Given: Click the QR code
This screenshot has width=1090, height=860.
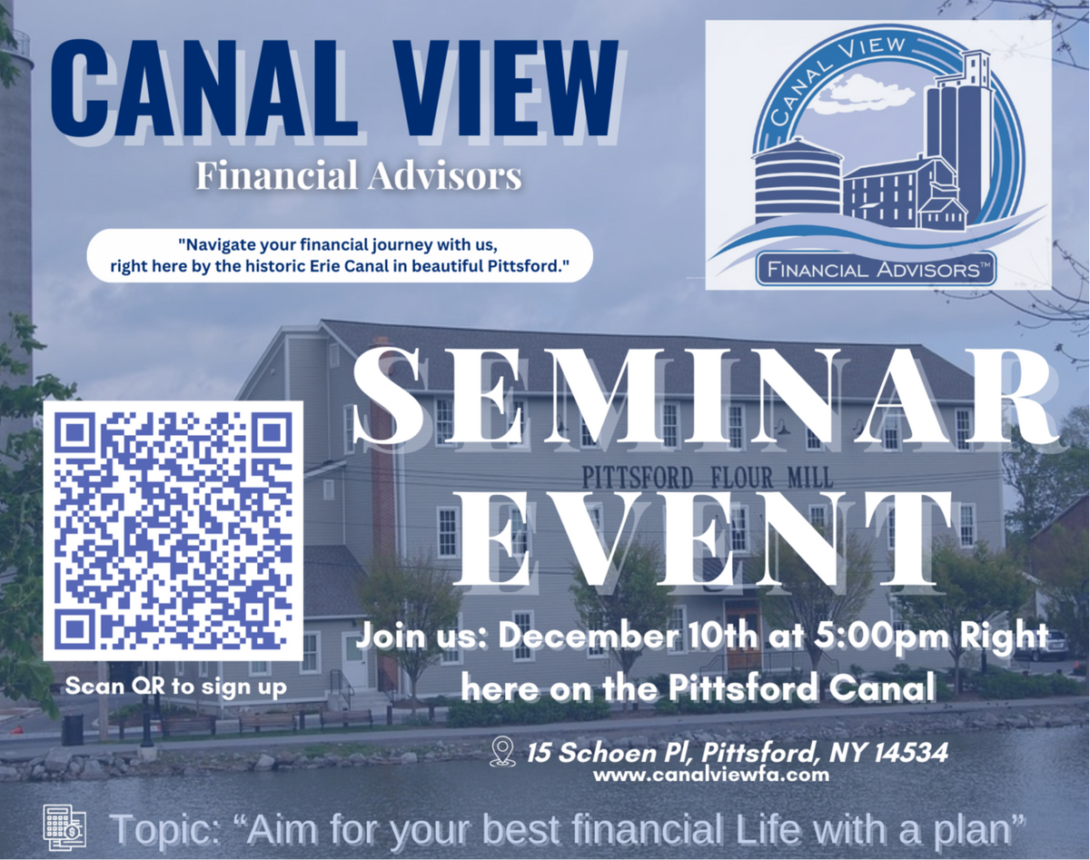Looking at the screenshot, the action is [x=173, y=530].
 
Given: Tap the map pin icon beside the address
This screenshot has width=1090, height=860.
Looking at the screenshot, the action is [x=503, y=753].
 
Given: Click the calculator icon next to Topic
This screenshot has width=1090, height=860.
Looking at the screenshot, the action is [x=64, y=827].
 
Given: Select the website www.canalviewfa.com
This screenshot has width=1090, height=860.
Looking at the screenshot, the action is [x=711, y=775].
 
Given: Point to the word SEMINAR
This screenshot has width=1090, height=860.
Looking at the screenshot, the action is [x=704, y=397].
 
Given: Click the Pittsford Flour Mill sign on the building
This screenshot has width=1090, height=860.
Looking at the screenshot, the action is [x=707, y=478].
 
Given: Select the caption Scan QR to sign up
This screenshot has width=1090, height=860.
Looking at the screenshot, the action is [x=175, y=687].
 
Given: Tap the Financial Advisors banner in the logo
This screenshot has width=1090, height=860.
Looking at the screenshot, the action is [x=876, y=270].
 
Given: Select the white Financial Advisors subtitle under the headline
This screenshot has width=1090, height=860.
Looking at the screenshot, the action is [x=359, y=176].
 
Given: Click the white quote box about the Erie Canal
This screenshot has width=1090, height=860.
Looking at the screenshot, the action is [x=340, y=255].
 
